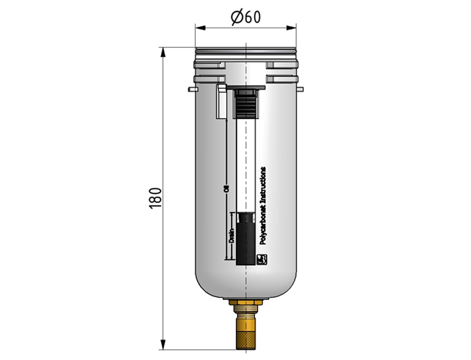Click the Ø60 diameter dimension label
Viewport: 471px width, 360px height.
click(x=246, y=17)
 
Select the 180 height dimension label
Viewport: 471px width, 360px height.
click(x=156, y=198)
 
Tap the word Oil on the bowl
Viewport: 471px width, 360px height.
click(x=227, y=188)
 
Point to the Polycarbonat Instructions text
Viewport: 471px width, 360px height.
click(x=262, y=206)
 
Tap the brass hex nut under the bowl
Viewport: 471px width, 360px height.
click(x=246, y=302)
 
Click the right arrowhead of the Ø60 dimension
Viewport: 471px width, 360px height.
click(x=291, y=28)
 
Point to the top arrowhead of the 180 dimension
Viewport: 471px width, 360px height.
click(x=163, y=52)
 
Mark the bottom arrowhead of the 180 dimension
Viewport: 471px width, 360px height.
click(x=163, y=344)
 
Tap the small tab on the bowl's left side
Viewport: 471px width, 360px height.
click(x=192, y=89)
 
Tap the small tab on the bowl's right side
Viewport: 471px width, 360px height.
click(x=300, y=89)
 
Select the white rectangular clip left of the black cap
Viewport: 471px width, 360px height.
click(x=221, y=101)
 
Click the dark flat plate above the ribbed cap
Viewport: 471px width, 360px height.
click(x=246, y=87)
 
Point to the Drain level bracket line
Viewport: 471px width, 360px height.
click(x=231, y=236)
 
